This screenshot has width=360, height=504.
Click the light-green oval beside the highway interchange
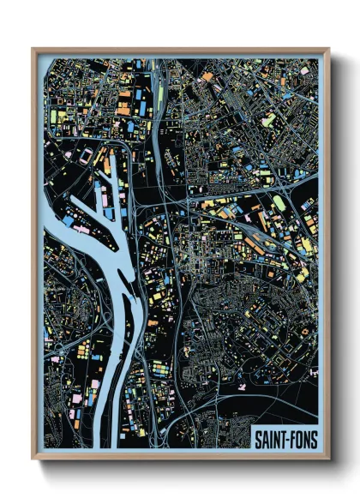coord(279,203)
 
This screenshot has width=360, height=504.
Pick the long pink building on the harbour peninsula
coord(81,230)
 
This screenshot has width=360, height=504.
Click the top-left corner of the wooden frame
coord(33,50)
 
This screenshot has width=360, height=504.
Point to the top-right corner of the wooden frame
coord(328,50)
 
